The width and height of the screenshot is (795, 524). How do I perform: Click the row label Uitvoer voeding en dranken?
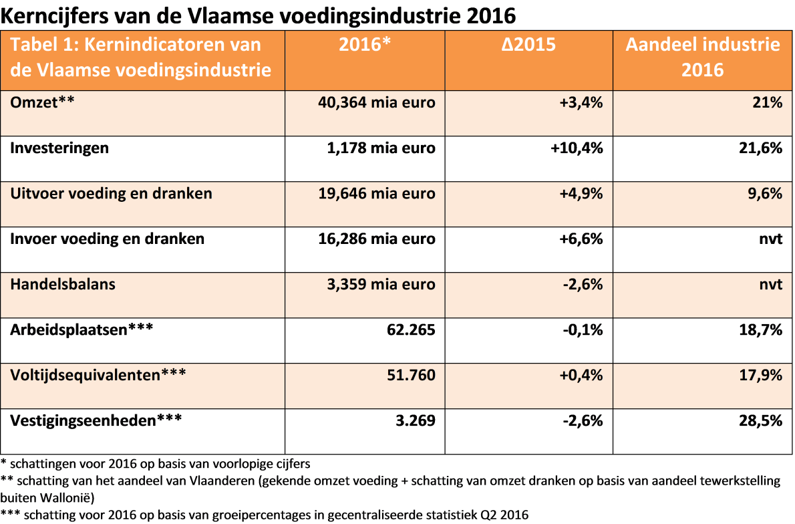pyautogui.click(x=112, y=193)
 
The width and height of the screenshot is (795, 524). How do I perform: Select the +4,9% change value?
pyautogui.click(x=581, y=193)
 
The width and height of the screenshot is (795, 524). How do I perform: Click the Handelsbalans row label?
pyautogui.click(x=63, y=284)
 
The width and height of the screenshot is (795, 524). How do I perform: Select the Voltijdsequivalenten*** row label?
pyautogui.click(x=98, y=375)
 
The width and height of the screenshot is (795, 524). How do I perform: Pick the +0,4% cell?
pyautogui.click(x=581, y=375)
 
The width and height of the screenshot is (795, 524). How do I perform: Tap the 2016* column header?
pyautogui.click(x=365, y=45)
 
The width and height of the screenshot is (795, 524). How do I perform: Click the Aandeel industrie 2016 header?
pyautogui.click(x=703, y=57)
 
